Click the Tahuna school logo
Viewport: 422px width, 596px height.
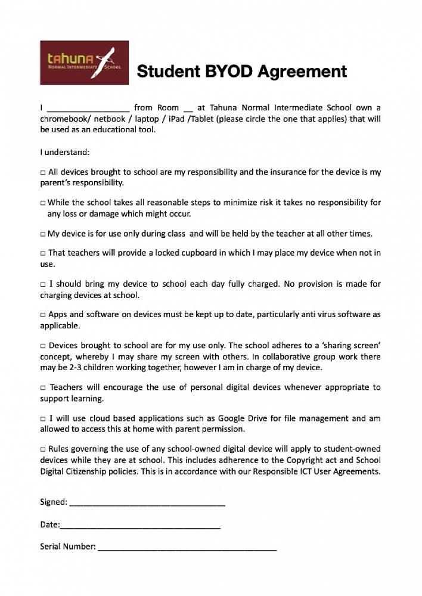click(x=84, y=63)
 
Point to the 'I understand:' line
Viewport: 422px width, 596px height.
click(x=64, y=152)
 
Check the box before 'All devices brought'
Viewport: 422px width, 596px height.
click(x=43, y=172)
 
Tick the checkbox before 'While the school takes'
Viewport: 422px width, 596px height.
click(x=43, y=203)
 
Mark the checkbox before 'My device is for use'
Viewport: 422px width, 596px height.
click(x=43, y=234)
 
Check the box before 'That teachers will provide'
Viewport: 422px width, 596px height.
click(x=43, y=253)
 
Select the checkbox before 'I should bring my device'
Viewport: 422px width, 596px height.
click(x=43, y=284)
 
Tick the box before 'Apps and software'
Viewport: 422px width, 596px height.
click(x=43, y=315)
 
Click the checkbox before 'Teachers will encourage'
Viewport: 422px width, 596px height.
click(x=43, y=388)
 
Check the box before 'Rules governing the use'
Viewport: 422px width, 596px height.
click(x=43, y=449)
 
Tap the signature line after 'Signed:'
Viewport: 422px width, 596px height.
click(x=147, y=503)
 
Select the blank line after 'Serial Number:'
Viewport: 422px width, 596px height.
click(x=187, y=547)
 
